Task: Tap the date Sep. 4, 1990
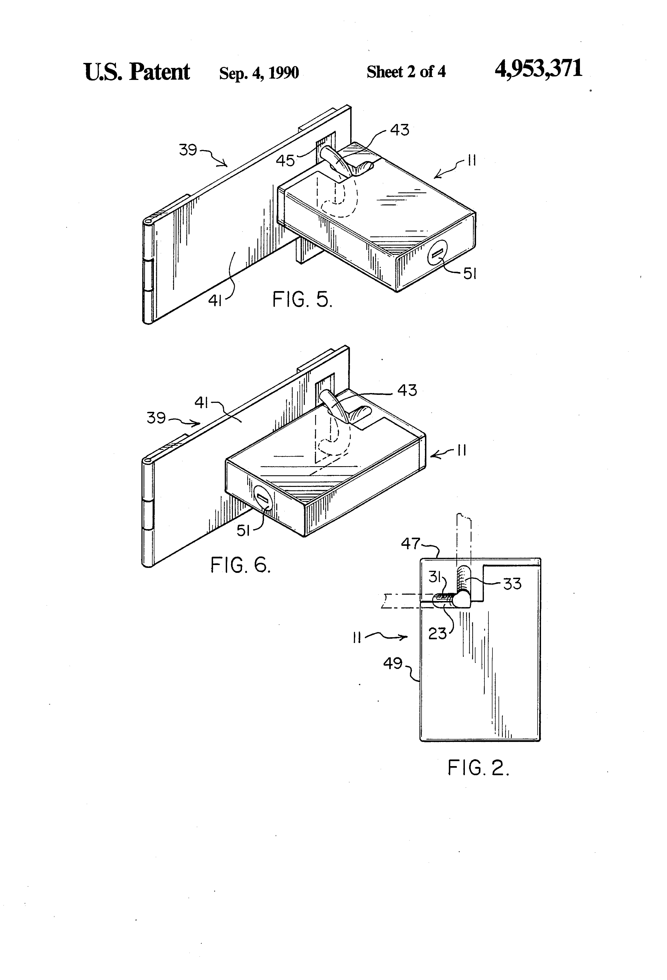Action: pyautogui.click(x=259, y=73)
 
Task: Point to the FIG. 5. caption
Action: pyautogui.click(x=302, y=300)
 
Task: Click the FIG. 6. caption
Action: pyautogui.click(x=240, y=565)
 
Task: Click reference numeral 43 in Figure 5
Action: pyautogui.click(x=399, y=130)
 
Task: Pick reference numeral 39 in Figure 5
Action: pyautogui.click(x=188, y=150)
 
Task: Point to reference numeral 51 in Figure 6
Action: pyautogui.click(x=243, y=531)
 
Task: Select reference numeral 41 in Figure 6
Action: pyautogui.click(x=202, y=403)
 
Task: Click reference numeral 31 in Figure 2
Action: pyautogui.click(x=435, y=576)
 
